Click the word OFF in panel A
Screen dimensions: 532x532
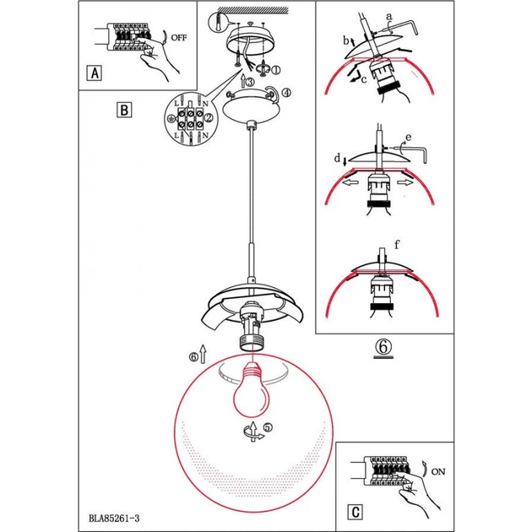click(x=178, y=38)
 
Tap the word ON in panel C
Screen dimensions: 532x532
click(x=438, y=471)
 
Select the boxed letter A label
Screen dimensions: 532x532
click(x=95, y=73)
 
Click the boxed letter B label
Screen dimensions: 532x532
click(x=124, y=110)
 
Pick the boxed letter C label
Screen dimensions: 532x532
click(x=356, y=512)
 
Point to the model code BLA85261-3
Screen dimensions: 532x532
click(x=114, y=518)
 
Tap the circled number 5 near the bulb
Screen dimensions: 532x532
click(x=268, y=427)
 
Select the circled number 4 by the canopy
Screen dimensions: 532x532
click(x=286, y=92)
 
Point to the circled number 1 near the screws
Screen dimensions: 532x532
click(x=276, y=70)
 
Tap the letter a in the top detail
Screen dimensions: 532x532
click(x=389, y=16)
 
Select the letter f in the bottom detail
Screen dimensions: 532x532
click(x=397, y=244)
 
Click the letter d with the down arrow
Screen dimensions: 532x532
click(x=337, y=158)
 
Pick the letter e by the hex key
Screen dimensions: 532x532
click(x=409, y=138)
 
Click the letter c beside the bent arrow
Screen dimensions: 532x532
click(x=364, y=79)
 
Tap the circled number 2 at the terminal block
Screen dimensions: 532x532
click(x=209, y=117)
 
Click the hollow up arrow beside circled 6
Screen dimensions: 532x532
click(x=203, y=354)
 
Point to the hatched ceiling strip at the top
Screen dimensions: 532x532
click(x=252, y=10)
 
